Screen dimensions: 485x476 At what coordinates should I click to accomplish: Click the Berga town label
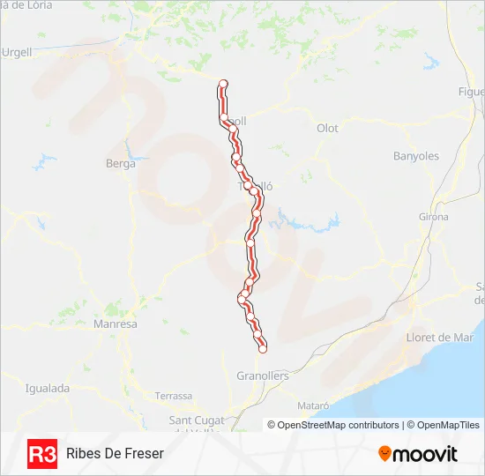click(121, 163)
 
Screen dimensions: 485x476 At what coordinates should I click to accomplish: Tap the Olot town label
click(327, 128)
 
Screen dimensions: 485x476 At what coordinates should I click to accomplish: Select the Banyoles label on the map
click(415, 156)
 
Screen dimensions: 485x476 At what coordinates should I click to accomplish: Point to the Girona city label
click(433, 217)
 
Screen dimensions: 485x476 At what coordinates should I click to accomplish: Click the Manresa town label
click(115, 324)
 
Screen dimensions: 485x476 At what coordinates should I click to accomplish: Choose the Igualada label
click(47, 388)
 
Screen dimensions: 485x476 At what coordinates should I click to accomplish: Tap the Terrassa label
click(173, 396)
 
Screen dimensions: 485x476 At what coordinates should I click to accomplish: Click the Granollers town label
click(263, 376)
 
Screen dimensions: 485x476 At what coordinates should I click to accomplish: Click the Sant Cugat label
click(198, 419)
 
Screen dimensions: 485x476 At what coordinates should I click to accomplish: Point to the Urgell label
click(16, 52)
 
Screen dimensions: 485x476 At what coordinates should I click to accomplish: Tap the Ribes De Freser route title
click(115, 453)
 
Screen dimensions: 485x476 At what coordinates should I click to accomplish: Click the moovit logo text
click(425, 454)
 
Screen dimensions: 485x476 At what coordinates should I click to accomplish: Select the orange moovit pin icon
click(384, 454)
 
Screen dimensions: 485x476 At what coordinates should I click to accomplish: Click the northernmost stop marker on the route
click(223, 84)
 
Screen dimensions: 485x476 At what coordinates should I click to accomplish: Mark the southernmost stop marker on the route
click(262, 349)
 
